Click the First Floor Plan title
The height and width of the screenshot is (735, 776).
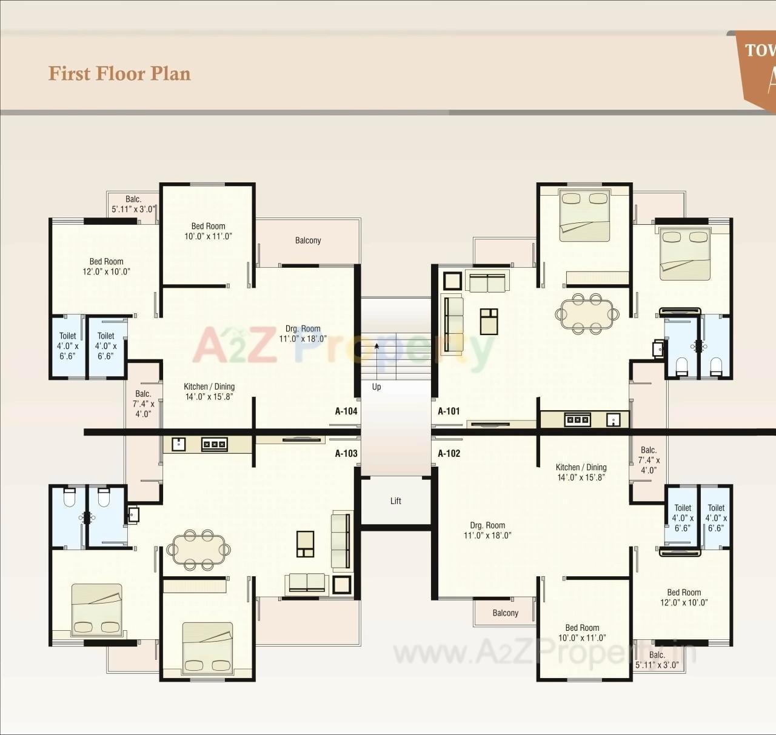point(119,73)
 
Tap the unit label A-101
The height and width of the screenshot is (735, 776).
point(449,411)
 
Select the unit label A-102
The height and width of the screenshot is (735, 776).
point(449,453)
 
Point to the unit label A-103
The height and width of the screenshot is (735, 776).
point(346,453)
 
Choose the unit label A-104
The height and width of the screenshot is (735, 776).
point(346,411)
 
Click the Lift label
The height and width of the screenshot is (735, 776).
point(396,501)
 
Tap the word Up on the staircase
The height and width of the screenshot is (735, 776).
point(376,387)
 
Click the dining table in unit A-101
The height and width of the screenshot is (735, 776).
point(587,314)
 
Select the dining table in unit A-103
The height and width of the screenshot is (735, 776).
point(198,550)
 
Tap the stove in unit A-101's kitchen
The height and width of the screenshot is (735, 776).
point(577,419)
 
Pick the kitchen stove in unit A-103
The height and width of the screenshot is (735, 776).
point(215,444)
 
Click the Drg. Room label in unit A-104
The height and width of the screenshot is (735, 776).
point(303,334)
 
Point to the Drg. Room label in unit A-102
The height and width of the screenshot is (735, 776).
point(487,530)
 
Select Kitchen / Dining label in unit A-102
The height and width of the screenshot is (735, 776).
point(581,472)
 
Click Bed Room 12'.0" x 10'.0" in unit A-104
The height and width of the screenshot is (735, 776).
point(106,267)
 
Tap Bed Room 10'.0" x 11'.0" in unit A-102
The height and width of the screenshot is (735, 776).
point(582,633)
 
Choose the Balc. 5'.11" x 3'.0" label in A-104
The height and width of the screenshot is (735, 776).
point(133,204)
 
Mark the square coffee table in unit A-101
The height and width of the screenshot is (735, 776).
point(489,321)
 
